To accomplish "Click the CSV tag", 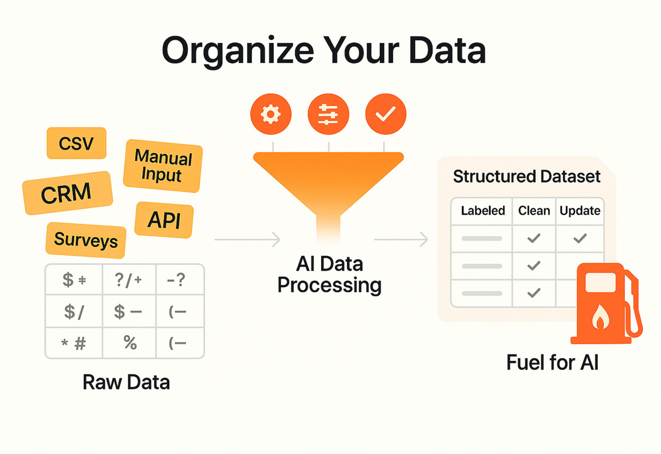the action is [76, 143].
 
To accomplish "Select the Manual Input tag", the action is [163, 166].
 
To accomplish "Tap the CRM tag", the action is [67, 193].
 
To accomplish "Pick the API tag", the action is [164, 220].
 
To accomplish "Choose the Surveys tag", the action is [86, 240].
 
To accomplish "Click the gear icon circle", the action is [271, 114].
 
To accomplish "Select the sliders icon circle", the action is [328, 114].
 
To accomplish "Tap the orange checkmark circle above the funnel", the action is [386, 114].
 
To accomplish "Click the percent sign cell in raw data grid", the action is [129, 343].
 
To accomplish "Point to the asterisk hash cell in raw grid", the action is [74, 343].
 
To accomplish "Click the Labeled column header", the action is [483, 210].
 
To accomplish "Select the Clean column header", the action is [534, 210].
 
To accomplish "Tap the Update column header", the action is [580, 210].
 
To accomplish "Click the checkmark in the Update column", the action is [580, 238].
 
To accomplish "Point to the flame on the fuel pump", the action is [600, 317].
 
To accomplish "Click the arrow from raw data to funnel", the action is [247, 239].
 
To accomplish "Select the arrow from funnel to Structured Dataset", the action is [401, 239].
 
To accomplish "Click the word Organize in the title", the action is [238, 51].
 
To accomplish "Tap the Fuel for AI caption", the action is [553, 362].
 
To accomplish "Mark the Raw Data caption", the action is [126, 382].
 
